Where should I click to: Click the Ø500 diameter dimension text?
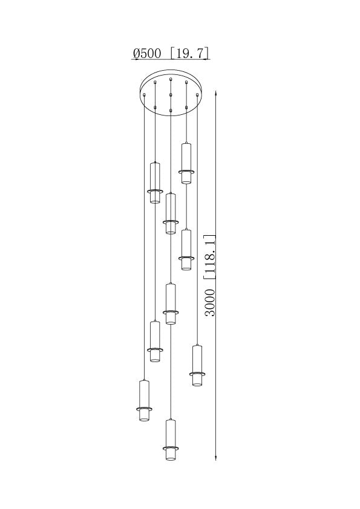pyautogui.click(x=147, y=53)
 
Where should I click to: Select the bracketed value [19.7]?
pyautogui.click(x=189, y=53)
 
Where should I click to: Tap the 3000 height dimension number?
pyautogui.click(x=211, y=303)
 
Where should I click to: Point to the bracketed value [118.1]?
pyautogui.click(x=210, y=256)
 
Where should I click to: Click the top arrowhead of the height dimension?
pyautogui.click(x=216, y=94)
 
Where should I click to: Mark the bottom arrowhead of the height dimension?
pyautogui.click(x=216, y=457)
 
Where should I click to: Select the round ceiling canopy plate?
pyautogui.click(x=171, y=92)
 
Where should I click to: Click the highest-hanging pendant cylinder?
pyautogui.click(x=186, y=163)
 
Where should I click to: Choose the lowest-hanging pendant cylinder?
pyautogui.click(x=171, y=440)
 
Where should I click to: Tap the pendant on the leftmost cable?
pyautogui.click(x=144, y=401)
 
